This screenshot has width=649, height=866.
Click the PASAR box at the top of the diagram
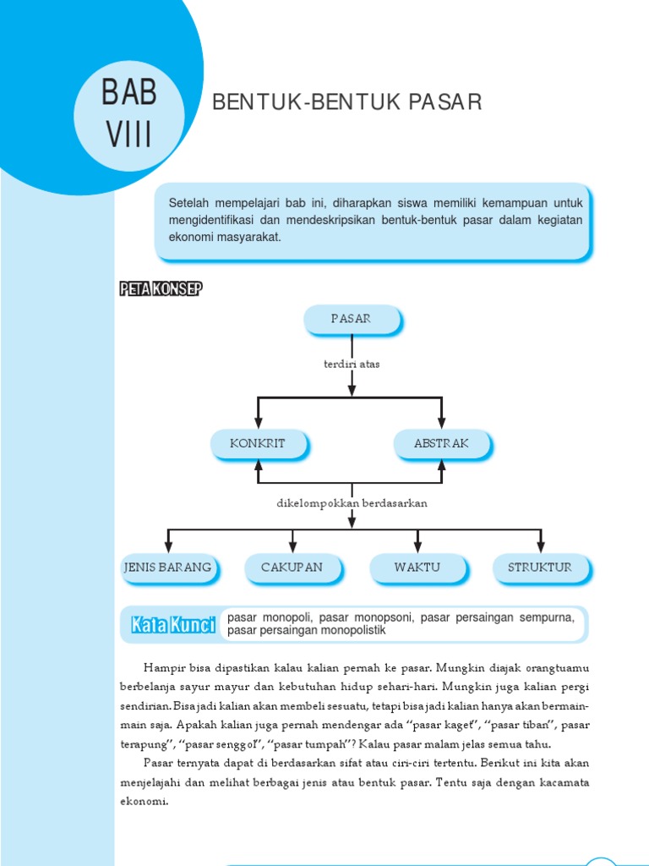click(352, 319)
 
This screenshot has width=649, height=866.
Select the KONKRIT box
click(258, 443)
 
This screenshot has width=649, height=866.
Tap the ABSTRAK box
click(441, 443)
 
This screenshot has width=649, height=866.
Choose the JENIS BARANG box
click(167, 567)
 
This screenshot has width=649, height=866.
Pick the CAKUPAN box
click(292, 567)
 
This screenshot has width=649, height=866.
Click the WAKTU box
click(417, 567)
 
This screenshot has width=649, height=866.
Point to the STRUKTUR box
click(540, 567)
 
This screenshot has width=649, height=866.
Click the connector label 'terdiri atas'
click(352, 364)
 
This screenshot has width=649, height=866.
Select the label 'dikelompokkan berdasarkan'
click(352, 503)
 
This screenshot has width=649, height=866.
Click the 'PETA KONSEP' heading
click(161, 290)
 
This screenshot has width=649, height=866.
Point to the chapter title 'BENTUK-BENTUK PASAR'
click(346, 103)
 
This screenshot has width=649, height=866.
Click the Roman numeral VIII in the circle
click(128, 134)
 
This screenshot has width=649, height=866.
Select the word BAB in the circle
click(128, 91)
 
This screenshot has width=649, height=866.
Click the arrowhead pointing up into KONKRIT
click(258, 464)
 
